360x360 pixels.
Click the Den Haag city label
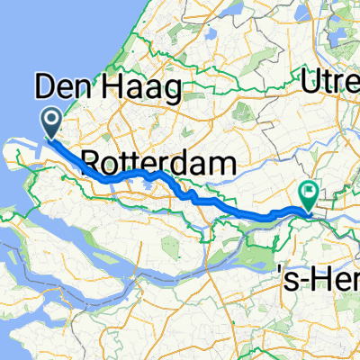point(108,88)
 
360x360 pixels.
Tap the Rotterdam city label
point(160,162)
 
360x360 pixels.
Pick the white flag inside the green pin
point(309,191)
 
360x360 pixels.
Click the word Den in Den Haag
point(62,88)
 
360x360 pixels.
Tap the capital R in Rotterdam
point(92,163)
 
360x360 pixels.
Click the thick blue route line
point(135,175)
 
